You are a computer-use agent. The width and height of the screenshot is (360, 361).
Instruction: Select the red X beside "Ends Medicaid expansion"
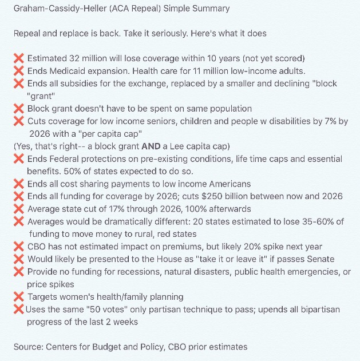[18, 71]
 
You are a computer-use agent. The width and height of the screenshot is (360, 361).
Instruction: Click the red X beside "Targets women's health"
[18, 296]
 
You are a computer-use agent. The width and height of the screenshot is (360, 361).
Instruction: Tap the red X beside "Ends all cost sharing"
[18, 184]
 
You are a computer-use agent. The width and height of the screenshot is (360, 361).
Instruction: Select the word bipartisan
[319, 310]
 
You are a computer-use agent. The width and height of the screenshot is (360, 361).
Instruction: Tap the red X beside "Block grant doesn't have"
[18, 108]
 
